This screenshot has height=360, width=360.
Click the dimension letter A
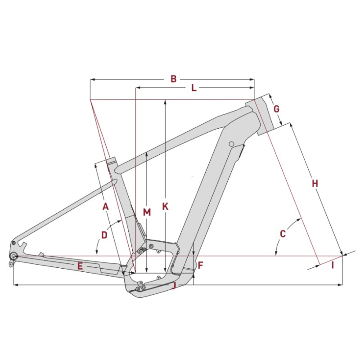point(105,207)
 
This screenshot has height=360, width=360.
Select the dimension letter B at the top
point(174,79)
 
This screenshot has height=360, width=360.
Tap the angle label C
point(283,234)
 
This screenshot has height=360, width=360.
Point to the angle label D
point(104,235)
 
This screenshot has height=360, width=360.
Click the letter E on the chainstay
point(80,266)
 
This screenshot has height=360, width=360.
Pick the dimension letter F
point(200,265)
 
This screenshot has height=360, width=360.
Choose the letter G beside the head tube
point(276,108)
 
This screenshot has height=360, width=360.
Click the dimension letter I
point(333,265)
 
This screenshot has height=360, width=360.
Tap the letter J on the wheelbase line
point(174,285)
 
